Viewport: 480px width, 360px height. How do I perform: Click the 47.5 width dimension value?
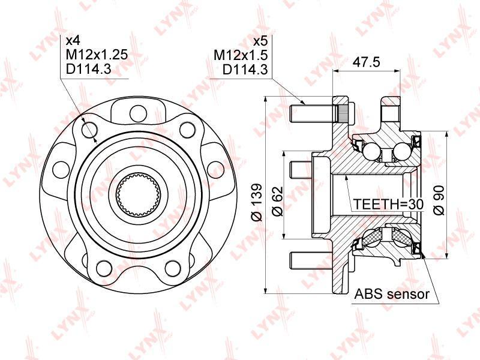coord(366,62)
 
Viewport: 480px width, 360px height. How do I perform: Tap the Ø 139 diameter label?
coord(257,202)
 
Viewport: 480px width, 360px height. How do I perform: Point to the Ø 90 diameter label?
coord(439,200)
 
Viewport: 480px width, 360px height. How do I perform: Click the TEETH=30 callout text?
coord(388,204)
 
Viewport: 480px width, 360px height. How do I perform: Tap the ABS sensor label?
coord(392,294)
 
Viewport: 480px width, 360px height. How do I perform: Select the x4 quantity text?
coord(73,40)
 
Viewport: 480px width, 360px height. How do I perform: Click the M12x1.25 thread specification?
coord(97,55)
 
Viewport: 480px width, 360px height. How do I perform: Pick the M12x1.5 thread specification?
coord(241,55)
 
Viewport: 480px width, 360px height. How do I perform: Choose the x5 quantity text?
coord(261,40)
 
